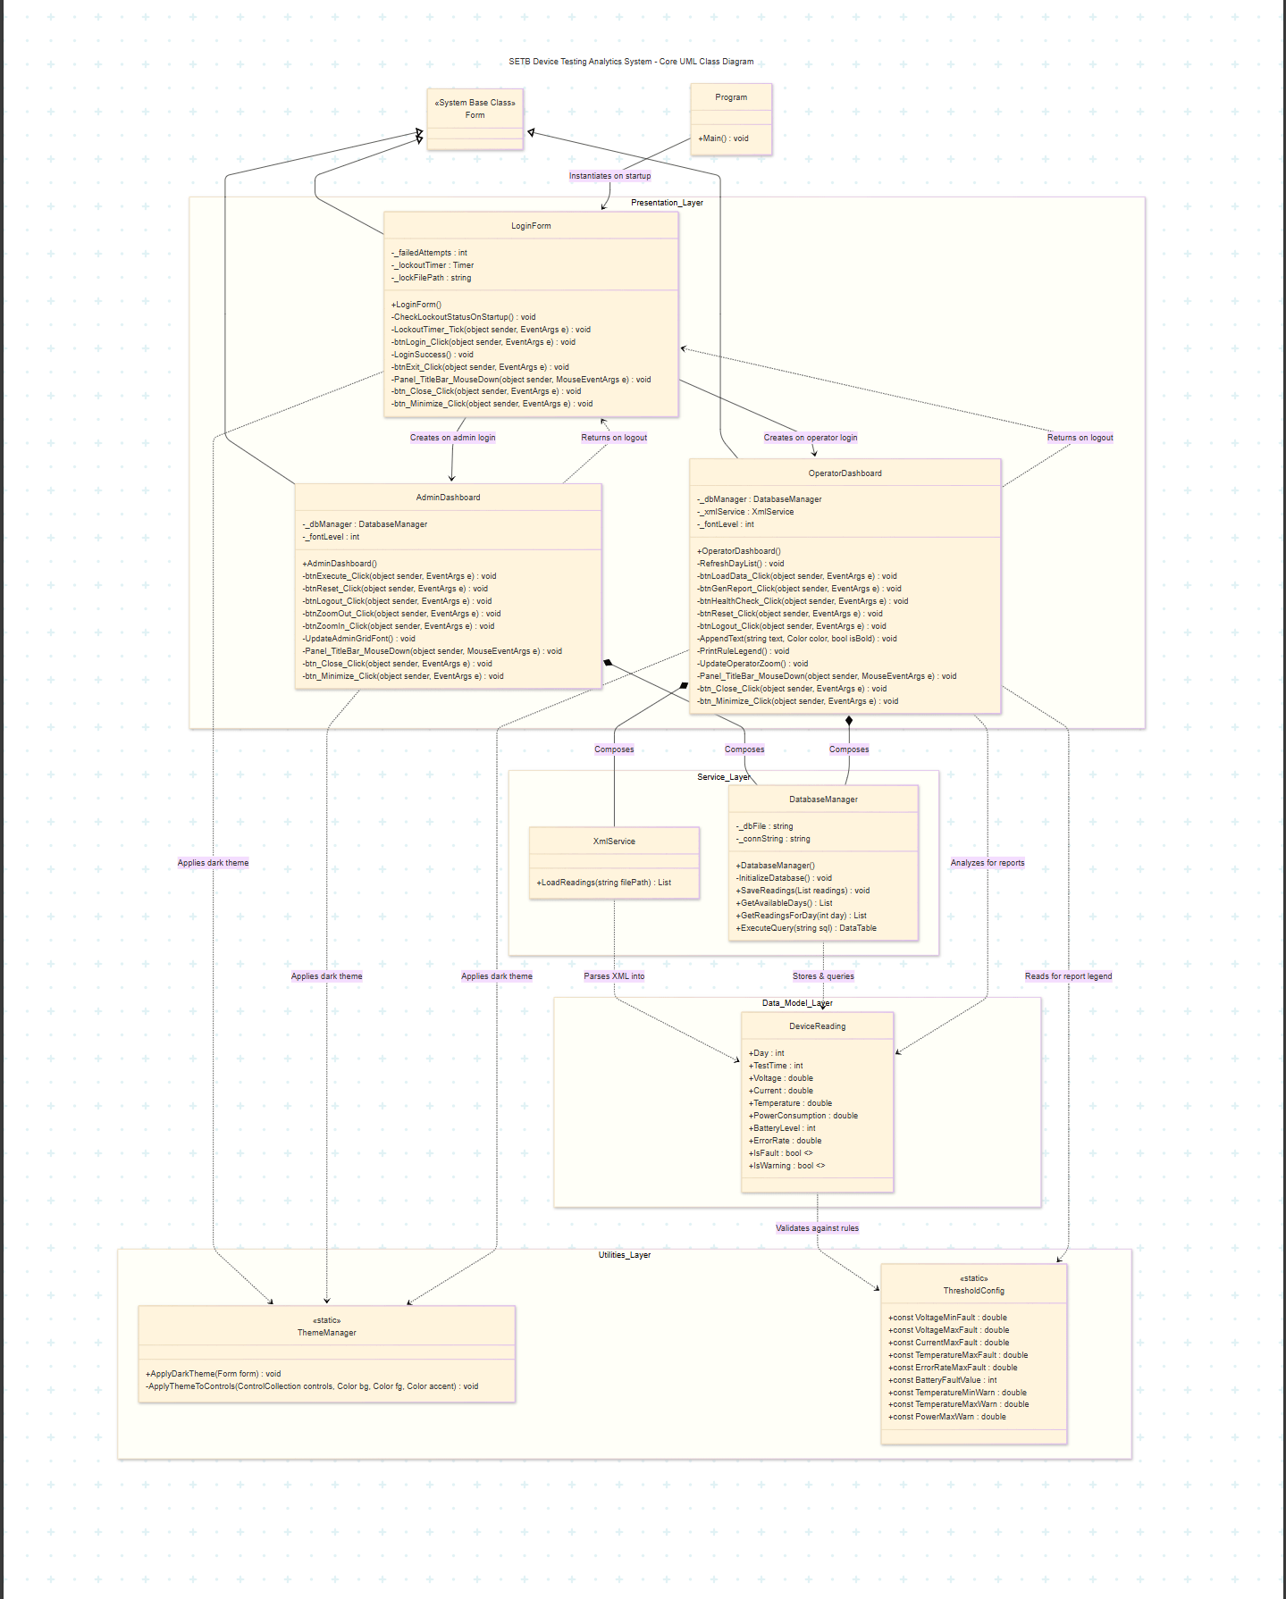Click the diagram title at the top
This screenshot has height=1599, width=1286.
pyautogui.click(x=631, y=62)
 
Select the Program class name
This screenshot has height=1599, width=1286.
pyautogui.click(x=731, y=97)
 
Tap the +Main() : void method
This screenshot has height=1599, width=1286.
pyautogui.click(x=723, y=138)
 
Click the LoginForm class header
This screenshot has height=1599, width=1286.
pyautogui.click(x=531, y=226)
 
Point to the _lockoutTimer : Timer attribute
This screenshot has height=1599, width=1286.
pyautogui.click(x=433, y=265)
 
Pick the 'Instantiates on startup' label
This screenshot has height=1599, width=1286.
pyautogui.click(x=610, y=176)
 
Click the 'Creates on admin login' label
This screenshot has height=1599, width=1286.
pyautogui.click(x=452, y=438)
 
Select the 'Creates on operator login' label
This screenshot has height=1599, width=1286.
pyautogui.click(x=811, y=438)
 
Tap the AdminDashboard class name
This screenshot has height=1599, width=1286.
pyautogui.click(x=448, y=498)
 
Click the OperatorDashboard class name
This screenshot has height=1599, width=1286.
pyautogui.click(x=845, y=473)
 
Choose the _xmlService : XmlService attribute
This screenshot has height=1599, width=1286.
pyautogui.click(x=745, y=512)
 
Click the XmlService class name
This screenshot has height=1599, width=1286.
pyautogui.click(x=614, y=841)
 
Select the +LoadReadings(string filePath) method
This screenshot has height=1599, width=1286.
pyautogui.click(x=603, y=883)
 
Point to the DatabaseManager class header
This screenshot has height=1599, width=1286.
pyautogui.click(x=823, y=799)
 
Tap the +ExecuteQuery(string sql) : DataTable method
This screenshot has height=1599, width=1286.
pyautogui.click(x=806, y=928)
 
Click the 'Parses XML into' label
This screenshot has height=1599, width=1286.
pyautogui.click(x=614, y=976)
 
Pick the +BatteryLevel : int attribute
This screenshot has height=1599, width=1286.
pyautogui.click(x=782, y=1128)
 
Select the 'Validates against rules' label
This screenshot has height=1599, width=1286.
pyautogui.click(x=817, y=1228)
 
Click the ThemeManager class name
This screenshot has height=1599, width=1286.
pyautogui.click(x=327, y=1333)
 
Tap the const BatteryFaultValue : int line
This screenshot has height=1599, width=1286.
pyautogui.click(x=943, y=1380)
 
